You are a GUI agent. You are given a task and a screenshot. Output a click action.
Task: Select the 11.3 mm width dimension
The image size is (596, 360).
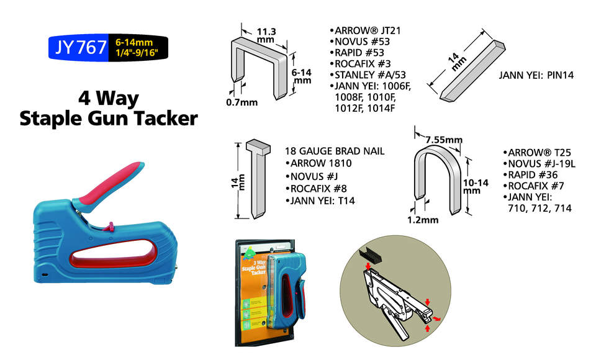tap(266, 34)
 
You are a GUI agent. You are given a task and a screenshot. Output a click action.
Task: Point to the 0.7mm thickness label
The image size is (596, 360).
tap(242, 102)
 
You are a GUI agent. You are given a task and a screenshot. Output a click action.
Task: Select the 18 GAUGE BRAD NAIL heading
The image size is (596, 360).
tap(335, 151)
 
